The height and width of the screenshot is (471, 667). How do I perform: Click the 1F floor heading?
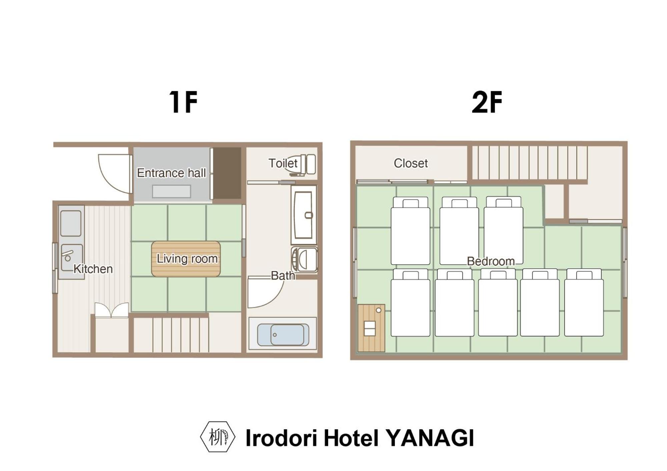(x=183, y=102)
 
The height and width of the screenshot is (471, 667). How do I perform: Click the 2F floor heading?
(x=487, y=102)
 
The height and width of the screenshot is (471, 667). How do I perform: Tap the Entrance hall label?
(x=171, y=173)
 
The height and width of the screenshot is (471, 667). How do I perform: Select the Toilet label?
(x=283, y=163)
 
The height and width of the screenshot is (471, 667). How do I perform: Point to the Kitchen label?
(x=93, y=269)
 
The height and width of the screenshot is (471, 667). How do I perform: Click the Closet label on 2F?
(x=411, y=163)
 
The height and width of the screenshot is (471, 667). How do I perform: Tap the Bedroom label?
(x=491, y=261)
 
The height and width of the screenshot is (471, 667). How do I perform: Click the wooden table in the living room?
(x=186, y=259)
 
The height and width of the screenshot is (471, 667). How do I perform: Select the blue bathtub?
(x=283, y=335)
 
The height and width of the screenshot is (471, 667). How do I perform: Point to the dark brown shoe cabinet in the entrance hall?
(x=227, y=173)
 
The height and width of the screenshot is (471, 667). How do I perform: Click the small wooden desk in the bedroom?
(x=371, y=328)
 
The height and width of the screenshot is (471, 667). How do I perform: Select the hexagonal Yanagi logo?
(x=217, y=437)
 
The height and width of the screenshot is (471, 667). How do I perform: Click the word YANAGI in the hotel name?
(x=430, y=438)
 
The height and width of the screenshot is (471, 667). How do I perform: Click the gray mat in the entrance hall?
(x=171, y=191)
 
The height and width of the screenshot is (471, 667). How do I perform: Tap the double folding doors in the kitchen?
(x=111, y=310)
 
